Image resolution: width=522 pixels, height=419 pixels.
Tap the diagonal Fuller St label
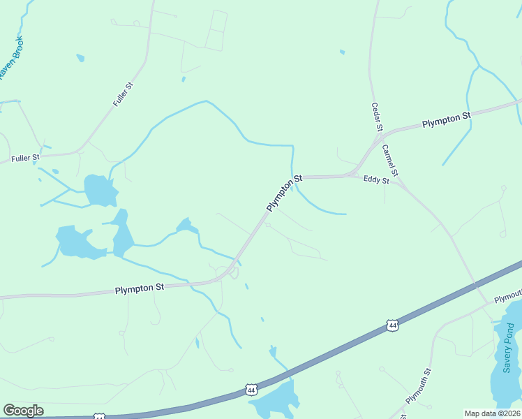click(x=123, y=94)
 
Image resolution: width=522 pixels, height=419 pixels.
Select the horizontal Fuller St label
click(x=25, y=159)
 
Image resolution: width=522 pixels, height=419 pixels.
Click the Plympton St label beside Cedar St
click(x=447, y=119)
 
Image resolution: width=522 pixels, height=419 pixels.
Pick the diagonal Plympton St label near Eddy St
click(x=284, y=193)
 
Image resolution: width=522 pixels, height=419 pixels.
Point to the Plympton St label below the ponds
click(x=140, y=288)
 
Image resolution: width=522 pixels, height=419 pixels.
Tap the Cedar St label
click(x=376, y=117)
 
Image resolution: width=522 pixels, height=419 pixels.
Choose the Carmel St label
click(x=389, y=160)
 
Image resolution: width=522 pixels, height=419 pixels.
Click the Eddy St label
click(x=376, y=179)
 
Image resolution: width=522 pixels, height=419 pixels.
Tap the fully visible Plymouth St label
click(x=419, y=385)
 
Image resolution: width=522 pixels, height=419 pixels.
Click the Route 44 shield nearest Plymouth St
click(x=393, y=325)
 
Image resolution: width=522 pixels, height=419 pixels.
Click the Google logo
click(x=23, y=411)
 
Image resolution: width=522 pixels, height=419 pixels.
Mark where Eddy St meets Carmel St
click(x=396, y=183)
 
